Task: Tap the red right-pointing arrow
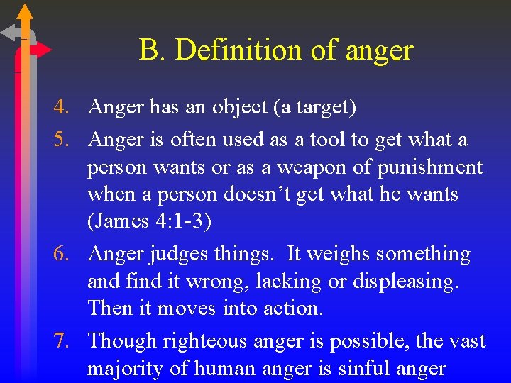[41, 50]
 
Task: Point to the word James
[118, 222]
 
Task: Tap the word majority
[123, 369]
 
